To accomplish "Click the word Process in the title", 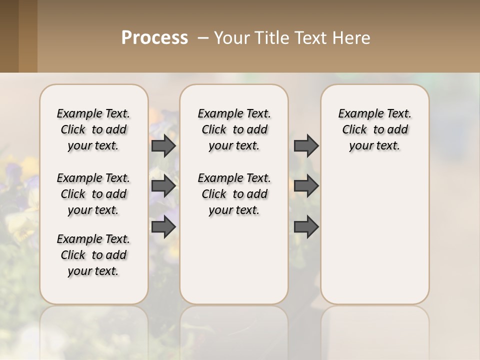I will pyautogui.click(x=154, y=38).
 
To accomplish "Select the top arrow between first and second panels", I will pyautogui.click(x=163, y=145).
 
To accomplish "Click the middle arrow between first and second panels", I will pyautogui.click(x=163, y=186).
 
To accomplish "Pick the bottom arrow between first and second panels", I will pyautogui.click(x=163, y=226).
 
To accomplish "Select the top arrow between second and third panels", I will pyautogui.click(x=306, y=145).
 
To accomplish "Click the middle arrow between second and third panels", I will pyautogui.click(x=306, y=186).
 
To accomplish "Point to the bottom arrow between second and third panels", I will pyautogui.click(x=306, y=226).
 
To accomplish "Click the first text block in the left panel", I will pyautogui.click(x=93, y=129).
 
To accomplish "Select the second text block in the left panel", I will pyautogui.click(x=93, y=194).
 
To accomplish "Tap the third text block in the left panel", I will pyautogui.click(x=93, y=255).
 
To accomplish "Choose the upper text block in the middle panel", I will pyautogui.click(x=234, y=129).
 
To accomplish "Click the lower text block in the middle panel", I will pyautogui.click(x=234, y=194).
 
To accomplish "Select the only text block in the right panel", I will pyautogui.click(x=374, y=129).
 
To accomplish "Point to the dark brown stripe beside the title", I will pyautogui.click(x=9, y=36).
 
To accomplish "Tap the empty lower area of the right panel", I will pyautogui.click(x=374, y=235).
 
